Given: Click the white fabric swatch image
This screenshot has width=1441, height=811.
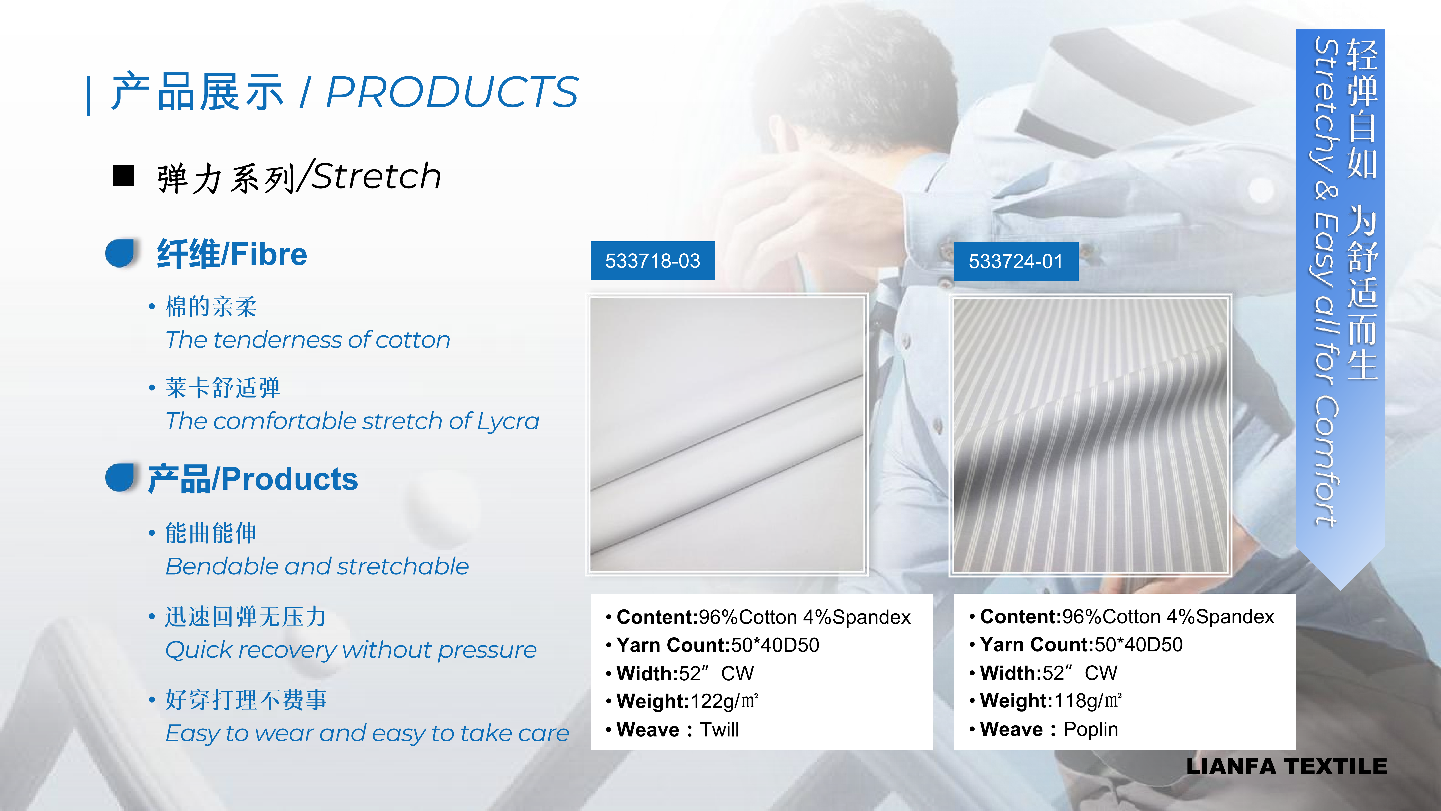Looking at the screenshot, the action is point(727,434).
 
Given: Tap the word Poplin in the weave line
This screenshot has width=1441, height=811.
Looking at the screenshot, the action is point(1090,729).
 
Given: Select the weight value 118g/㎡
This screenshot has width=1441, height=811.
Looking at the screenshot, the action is point(1088,701).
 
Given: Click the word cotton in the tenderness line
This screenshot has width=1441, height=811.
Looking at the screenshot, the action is point(413,340).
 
